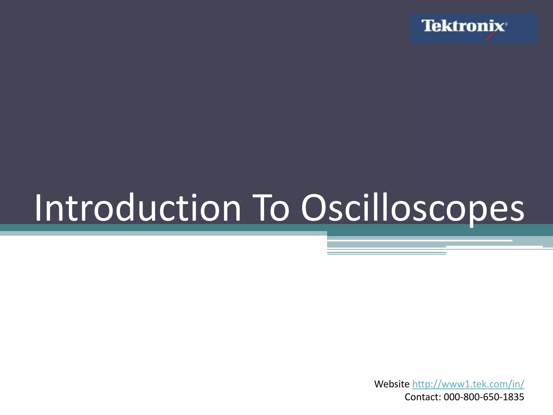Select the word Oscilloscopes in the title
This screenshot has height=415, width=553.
tap(413, 208)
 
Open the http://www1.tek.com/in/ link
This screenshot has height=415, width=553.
tap(468, 384)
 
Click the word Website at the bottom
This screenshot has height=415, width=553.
tap(392, 384)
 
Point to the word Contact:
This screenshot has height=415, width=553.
tap(423, 397)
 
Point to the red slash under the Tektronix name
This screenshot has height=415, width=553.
tap(490, 37)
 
